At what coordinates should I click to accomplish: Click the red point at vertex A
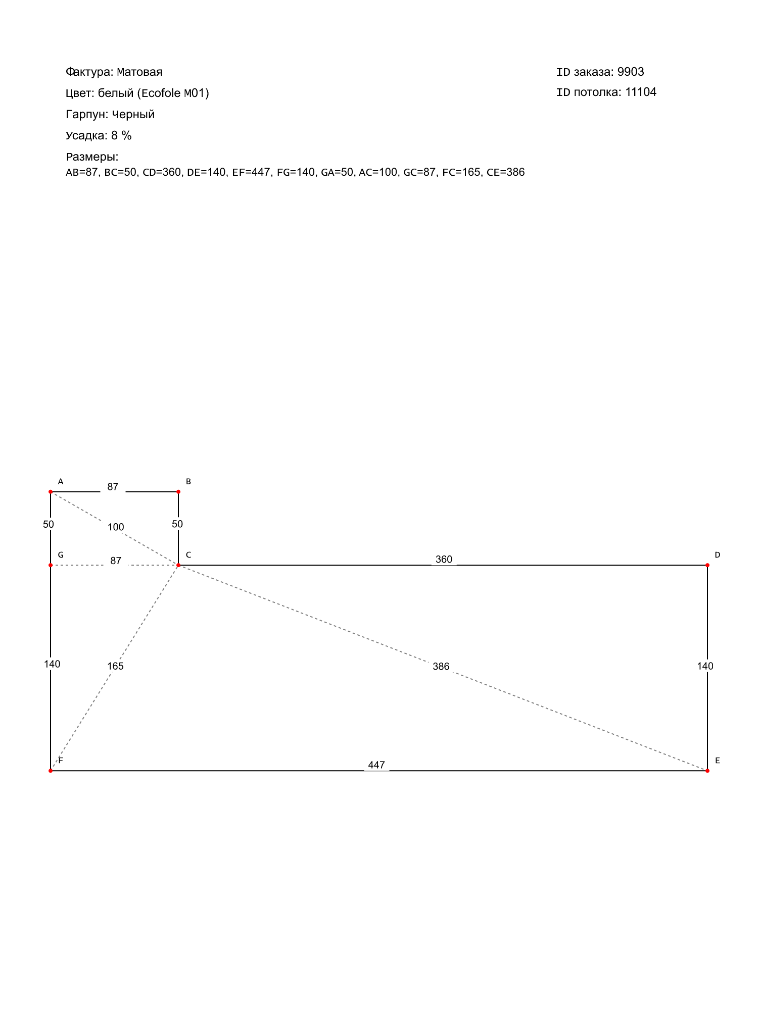[51, 491]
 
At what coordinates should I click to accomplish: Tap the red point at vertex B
[178, 491]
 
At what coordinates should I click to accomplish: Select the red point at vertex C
[178, 565]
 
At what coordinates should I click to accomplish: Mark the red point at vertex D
[707, 565]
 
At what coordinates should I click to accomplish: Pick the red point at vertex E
[707, 771]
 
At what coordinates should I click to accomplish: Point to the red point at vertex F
[51, 771]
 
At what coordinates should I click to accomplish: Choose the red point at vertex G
[51, 565]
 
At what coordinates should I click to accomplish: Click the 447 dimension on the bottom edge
[376, 765]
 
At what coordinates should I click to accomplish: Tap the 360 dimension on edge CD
[444, 560]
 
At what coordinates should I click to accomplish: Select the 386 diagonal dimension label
[441, 667]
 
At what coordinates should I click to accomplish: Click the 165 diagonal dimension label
[115, 666]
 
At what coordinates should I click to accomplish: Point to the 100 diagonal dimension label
[116, 527]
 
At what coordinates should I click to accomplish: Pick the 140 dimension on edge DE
[705, 666]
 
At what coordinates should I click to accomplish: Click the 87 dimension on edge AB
[113, 487]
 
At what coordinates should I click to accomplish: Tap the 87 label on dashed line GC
[116, 561]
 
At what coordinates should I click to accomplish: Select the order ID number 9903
[631, 72]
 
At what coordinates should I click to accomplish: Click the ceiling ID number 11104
[641, 92]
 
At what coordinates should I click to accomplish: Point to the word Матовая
[139, 72]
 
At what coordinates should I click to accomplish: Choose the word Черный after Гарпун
[133, 114]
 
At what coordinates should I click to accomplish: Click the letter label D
[717, 555]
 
